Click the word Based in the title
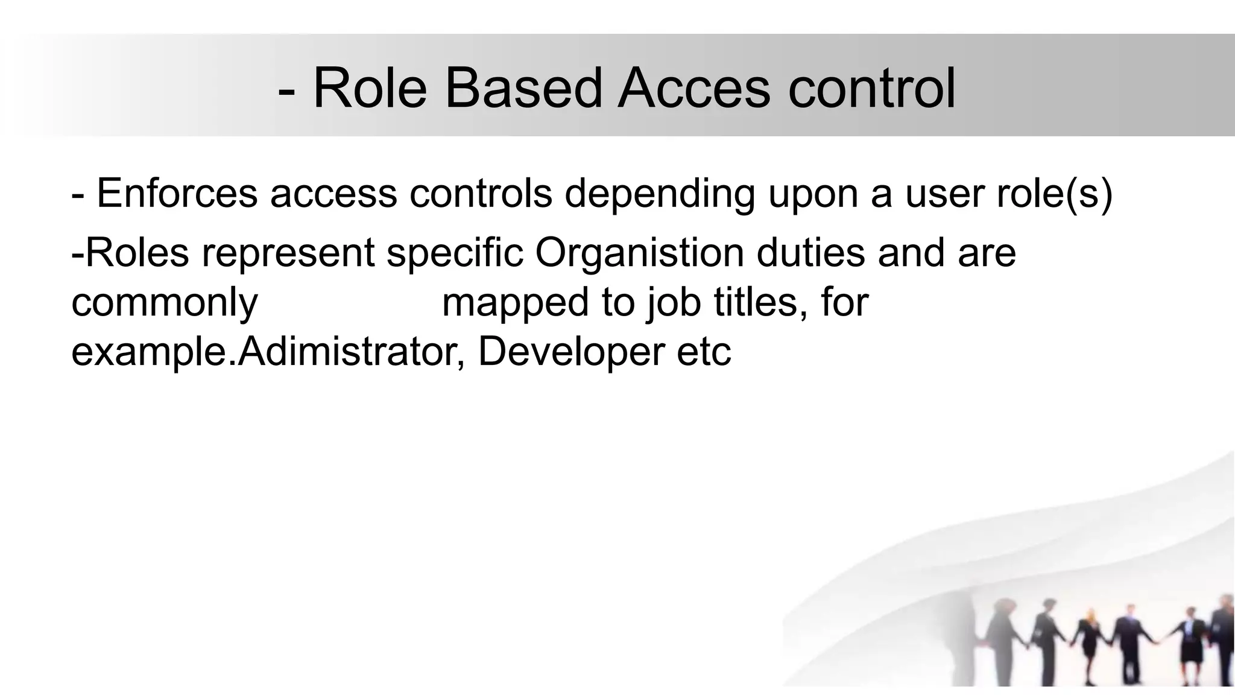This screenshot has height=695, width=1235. pos(523,89)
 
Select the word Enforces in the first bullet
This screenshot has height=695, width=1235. pos(177,194)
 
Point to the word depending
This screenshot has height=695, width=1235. pos(660,195)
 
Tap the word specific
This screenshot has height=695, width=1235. pos(455,253)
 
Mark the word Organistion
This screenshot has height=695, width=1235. pos(640,253)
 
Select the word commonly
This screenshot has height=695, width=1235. pos(165,303)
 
